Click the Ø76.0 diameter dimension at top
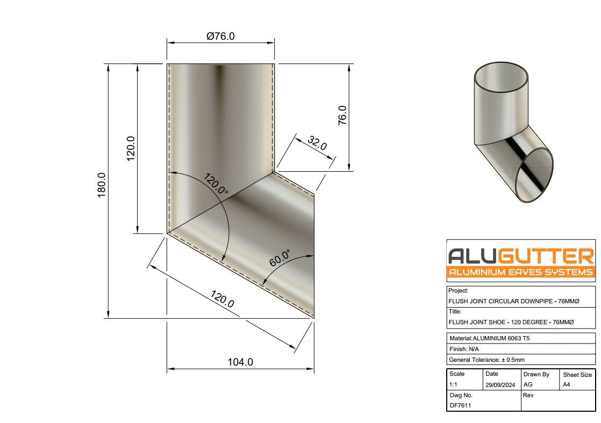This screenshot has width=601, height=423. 220,37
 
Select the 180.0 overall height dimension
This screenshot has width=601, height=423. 102,185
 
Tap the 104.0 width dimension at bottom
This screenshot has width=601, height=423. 240,362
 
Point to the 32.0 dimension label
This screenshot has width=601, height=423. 317,143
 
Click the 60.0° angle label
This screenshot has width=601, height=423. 280,258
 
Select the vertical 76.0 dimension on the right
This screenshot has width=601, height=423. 342,115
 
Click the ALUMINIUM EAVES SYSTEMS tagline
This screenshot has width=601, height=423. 520,272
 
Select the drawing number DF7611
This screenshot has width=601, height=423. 460,405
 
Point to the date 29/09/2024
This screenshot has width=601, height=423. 500,385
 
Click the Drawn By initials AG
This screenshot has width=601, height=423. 528,385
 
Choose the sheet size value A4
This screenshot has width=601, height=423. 567,385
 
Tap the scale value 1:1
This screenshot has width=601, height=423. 454,385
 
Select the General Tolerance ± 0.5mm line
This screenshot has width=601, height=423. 486,360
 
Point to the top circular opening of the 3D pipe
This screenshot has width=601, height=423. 500,77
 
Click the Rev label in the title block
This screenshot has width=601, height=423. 528,395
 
